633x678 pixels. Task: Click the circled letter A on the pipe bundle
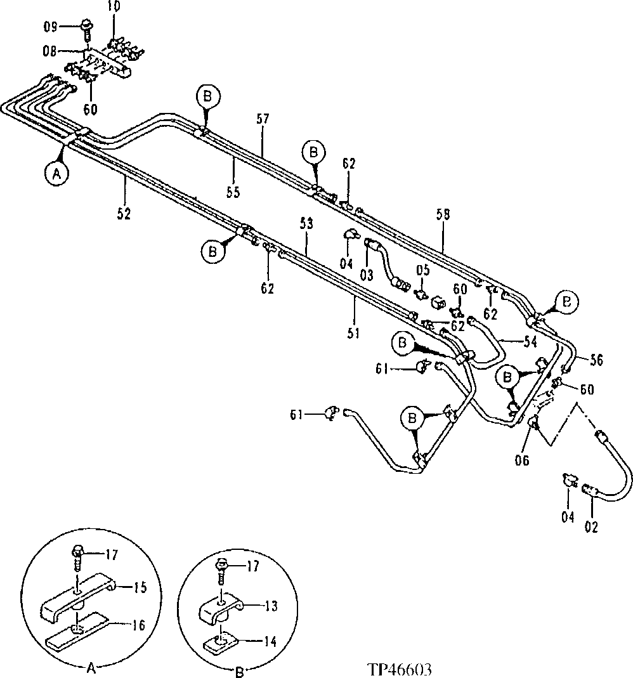click(x=56, y=173)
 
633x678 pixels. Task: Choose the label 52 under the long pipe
click(x=124, y=213)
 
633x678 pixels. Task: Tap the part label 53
click(x=307, y=224)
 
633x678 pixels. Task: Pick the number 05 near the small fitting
click(x=422, y=270)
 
